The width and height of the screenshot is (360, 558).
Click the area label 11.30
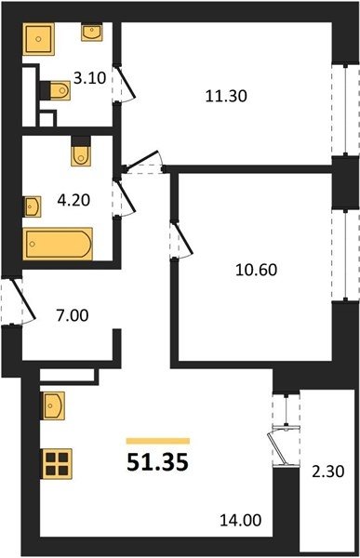[226, 96]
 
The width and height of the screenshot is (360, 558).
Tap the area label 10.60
[256, 270]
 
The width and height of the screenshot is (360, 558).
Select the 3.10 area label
[89, 77]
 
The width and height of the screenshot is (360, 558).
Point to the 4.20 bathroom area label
[73, 200]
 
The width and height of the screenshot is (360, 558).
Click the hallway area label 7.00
[73, 315]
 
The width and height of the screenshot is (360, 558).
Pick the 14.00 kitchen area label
[240, 520]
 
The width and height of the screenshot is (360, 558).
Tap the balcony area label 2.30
[328, 472]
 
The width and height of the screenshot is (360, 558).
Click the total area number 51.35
[157, 462]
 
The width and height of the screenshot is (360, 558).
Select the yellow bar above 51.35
[158, 441]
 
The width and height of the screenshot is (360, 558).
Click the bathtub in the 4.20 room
[58, 244]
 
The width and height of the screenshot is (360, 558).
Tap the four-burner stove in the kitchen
[57, 464]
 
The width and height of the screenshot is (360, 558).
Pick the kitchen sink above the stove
[54, 405]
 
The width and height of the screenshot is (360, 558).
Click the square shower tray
[38, 39]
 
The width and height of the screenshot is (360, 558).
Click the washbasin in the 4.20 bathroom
[33, 206]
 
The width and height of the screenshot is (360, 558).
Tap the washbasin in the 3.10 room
[92, 32]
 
